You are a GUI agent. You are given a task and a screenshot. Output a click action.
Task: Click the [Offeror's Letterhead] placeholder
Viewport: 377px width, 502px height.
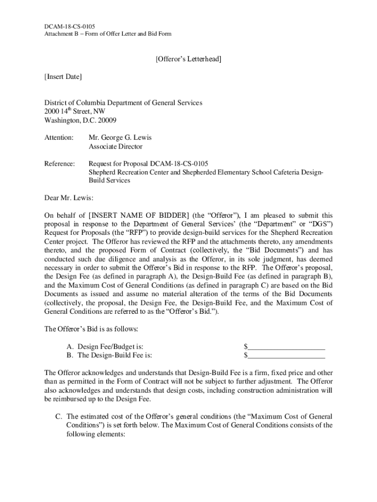point(188,59)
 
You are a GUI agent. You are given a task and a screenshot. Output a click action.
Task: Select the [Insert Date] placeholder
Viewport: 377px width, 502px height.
point(63,77)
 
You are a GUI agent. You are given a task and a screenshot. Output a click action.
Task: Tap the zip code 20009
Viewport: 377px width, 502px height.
point(105,121)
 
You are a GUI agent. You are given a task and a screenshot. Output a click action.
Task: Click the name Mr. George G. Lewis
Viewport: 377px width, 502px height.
point(120,138)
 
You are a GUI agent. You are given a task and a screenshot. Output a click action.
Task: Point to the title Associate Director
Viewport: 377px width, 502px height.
point(116,147)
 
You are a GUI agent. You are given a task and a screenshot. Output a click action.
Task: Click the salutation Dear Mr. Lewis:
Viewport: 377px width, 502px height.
point(69,198)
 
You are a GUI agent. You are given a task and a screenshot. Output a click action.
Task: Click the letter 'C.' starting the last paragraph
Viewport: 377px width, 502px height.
point(58,416)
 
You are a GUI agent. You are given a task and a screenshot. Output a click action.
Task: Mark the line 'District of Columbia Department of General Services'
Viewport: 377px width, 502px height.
point(123,103)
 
